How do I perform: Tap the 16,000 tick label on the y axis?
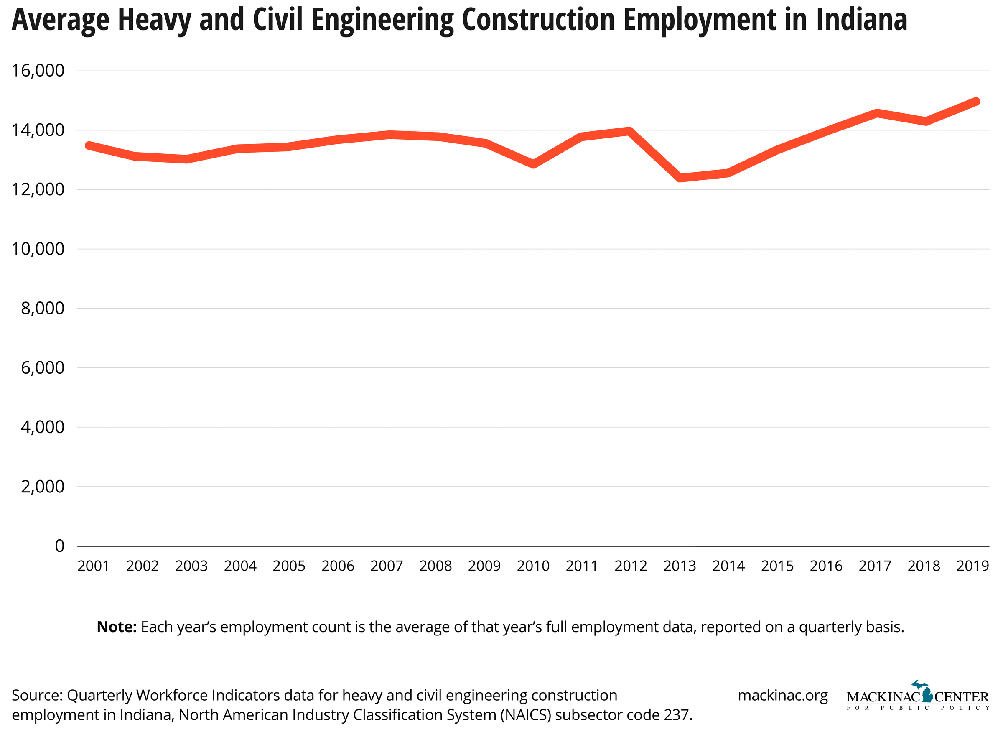point(38,71)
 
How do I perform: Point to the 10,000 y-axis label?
point(38,249)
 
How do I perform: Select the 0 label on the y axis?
point(59,546)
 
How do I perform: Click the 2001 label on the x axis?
point(94,566)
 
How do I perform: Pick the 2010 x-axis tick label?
point(533,566)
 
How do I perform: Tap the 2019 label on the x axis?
point(972,566)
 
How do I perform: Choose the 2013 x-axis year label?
point(680,566)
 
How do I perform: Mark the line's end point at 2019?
point(975,102)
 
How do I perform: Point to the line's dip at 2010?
point(533,164)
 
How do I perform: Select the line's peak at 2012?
point(629,131)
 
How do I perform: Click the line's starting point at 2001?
point(89,145)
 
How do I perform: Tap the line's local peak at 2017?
point(877,113)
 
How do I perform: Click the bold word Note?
point(117,627)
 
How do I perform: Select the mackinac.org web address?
point(782,695)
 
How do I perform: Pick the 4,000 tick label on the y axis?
point(43,427)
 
